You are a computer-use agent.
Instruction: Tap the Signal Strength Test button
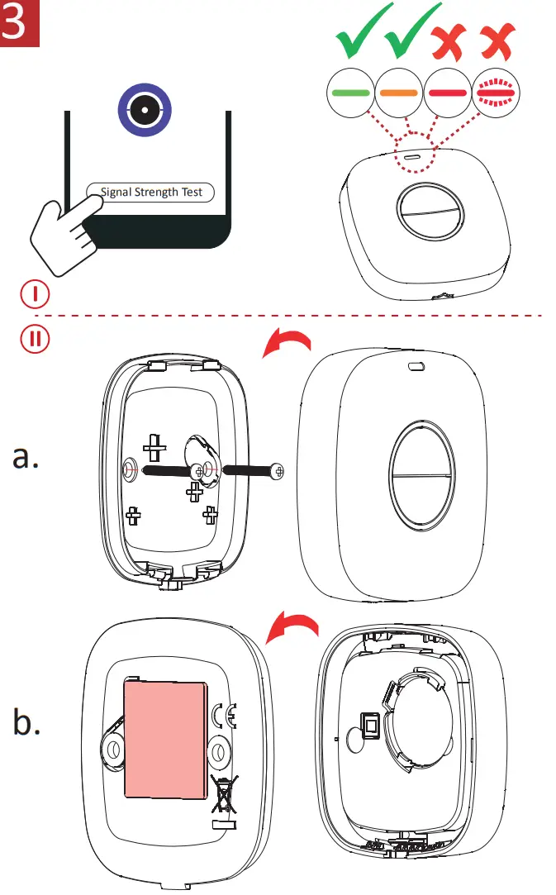click(x=151, y=193)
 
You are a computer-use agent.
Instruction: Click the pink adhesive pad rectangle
click(x=166, y=740)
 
